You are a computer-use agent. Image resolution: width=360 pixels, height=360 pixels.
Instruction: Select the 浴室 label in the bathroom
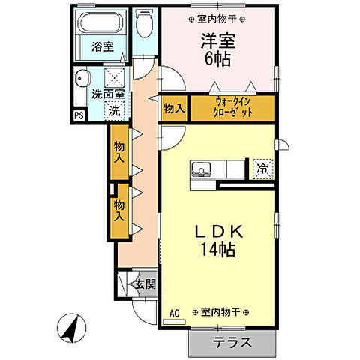pyautogui.click(x=102, y=46)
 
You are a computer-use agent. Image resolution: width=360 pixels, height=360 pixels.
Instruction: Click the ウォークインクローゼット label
pyautogui.click(x=232, y=107)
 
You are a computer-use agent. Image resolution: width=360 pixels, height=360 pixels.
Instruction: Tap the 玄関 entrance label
pyautogui.click(x=145, y=284)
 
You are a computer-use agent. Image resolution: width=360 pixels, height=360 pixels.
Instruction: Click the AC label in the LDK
pyautogui.click(x=175, y=312)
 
